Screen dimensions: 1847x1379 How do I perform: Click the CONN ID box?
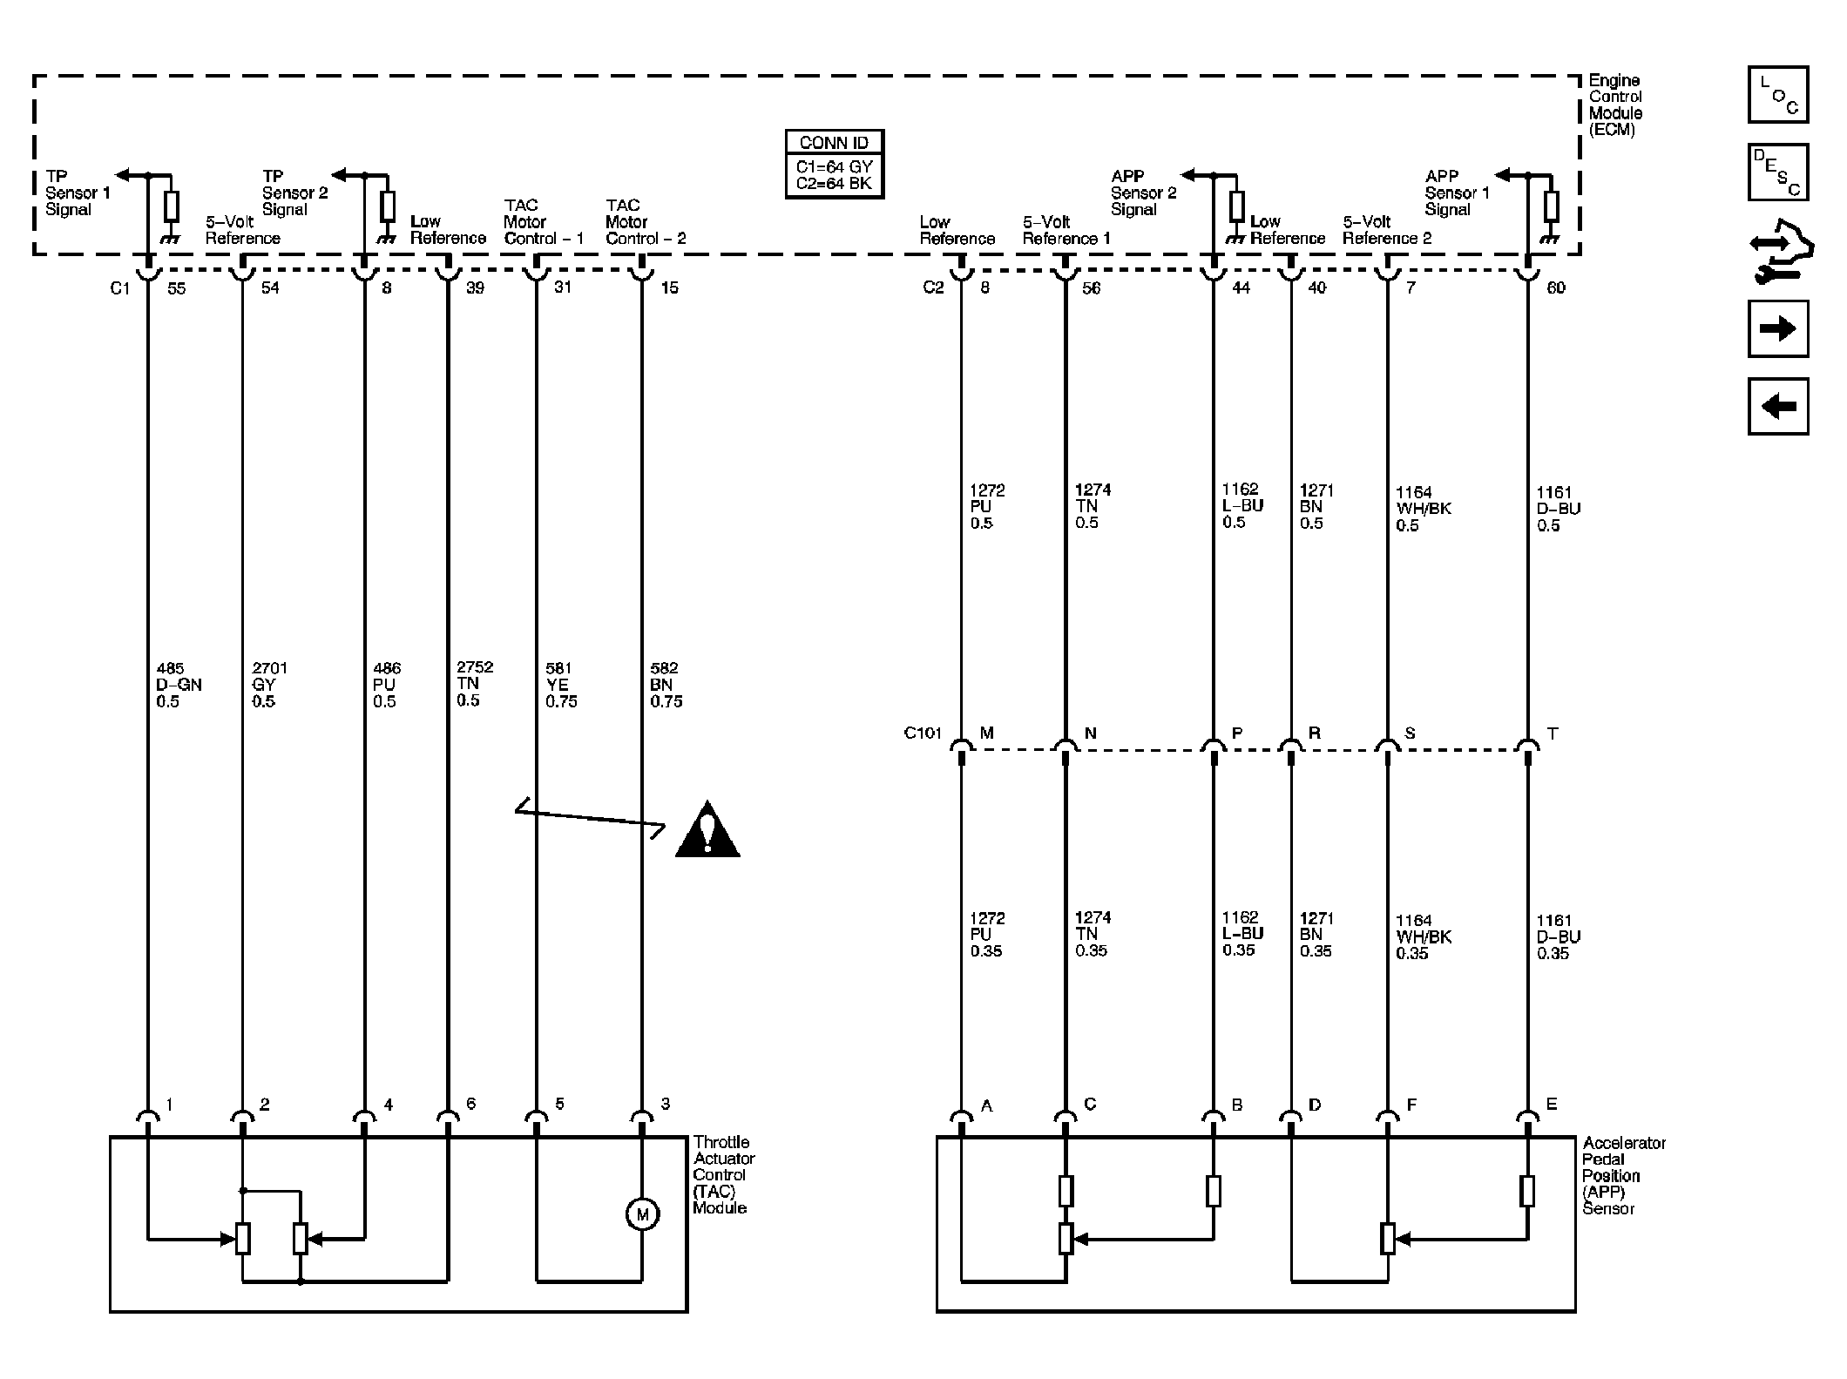(x=834, y=165)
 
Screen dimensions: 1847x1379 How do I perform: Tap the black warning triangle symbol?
(x=707, y=830)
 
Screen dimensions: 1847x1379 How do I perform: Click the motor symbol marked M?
(x=642, y=1214)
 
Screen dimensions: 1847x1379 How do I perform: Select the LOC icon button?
(x=1778, y=94)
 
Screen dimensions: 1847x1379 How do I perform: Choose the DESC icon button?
(x=1778, y=172)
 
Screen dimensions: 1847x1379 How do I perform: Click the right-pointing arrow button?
(x=1778, y=328)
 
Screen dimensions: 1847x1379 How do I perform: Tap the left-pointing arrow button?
(x=1778, y=406)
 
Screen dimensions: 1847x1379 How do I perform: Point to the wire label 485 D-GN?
(x=179, y=685)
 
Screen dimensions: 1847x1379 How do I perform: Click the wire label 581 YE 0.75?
(x=561, y=685)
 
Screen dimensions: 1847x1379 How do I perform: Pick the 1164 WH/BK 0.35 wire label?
(x=1424, y=936)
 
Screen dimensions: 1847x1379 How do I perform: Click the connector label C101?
(x=923, y=733)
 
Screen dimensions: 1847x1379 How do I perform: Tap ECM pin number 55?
(x=176, y=287)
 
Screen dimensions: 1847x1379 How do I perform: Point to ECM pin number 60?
(x=1555, y=287)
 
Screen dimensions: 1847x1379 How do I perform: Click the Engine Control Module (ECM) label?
(x=1615, y=105)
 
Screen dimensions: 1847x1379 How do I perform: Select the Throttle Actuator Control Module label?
(x=724, y=1174)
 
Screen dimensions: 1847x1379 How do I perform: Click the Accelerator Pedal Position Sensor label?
(x=1624, y=1175)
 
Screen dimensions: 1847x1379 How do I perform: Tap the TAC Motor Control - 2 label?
(x=646, y=221)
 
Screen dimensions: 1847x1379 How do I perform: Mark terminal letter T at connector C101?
(x=1552, y=733)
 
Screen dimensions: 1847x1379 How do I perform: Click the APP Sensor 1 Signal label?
(x=1457, y=193)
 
